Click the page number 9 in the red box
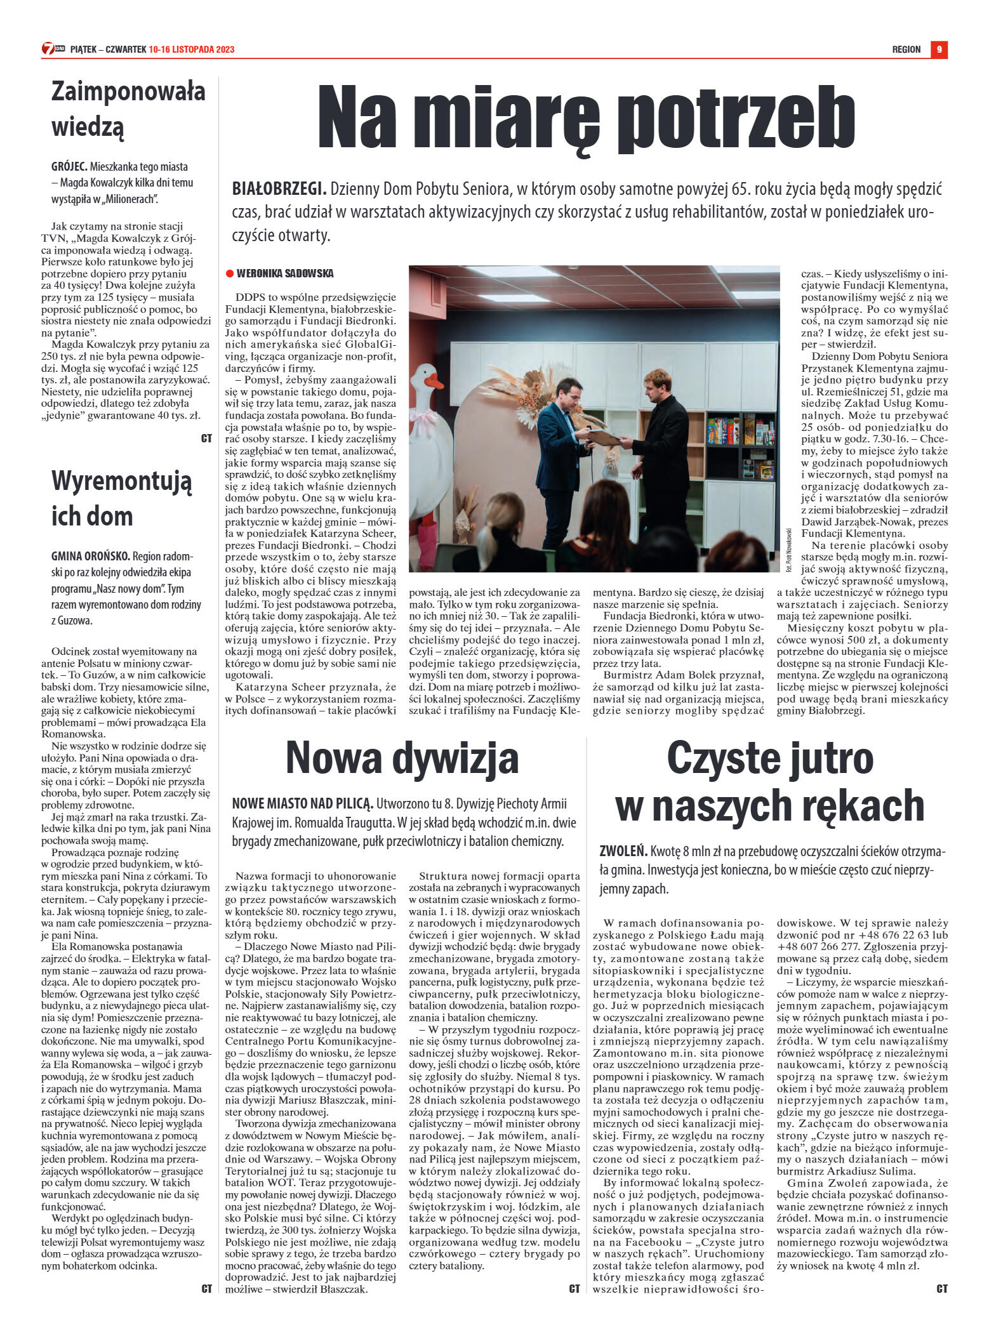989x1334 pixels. tap(939, 50)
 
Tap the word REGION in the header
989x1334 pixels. tap(906, 50)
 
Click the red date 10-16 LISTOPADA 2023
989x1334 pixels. tap(192, 50)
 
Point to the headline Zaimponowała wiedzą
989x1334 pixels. tap(128, 109)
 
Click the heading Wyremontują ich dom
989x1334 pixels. tap(121, 498)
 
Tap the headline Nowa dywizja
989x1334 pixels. tap(402, 757)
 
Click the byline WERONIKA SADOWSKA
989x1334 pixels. tap(284, 274)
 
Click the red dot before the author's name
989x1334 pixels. tap(229, 274)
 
